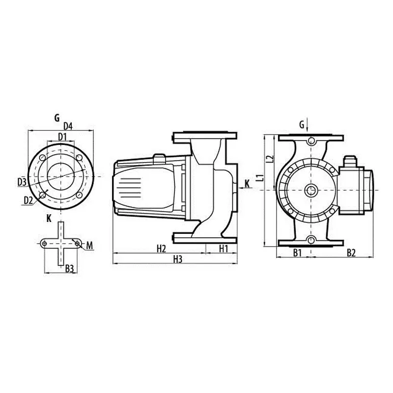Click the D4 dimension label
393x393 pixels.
coord(68,126)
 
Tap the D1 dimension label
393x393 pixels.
coord(62,137)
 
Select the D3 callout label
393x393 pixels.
coord(22,182)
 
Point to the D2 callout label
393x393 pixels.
coord(28,200)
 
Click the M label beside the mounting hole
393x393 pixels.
coord(90,246)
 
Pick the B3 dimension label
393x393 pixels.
coord(69,269)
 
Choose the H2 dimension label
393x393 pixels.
coord(162,249)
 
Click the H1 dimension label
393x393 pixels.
coord(224,249)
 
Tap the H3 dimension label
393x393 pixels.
coord(178,259)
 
